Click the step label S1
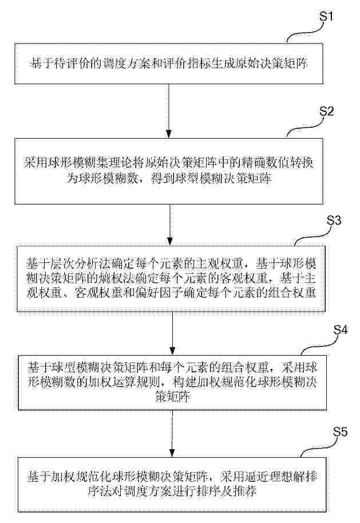tap(326, 15)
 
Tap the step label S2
tap(326, 111)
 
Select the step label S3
tap(334, 220)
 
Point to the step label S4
tap(341, 329)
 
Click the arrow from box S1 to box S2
tap(169, 111)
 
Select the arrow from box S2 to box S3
tap(170, 225)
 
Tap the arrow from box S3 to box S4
tap(172, 333)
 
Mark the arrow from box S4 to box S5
tap(172, 433)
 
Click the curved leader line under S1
tap(305, 33)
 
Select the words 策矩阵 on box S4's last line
tap(172, 396)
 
